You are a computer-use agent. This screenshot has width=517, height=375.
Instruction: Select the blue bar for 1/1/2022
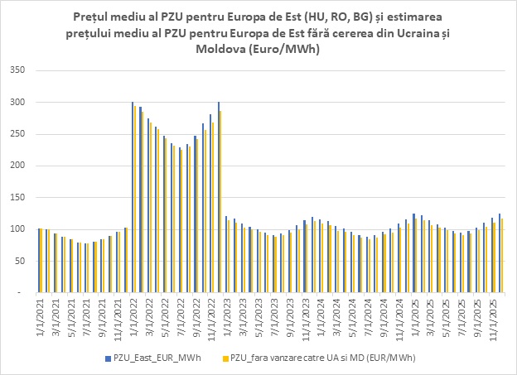click(133, 197)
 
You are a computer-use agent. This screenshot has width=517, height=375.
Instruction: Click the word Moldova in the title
click(219, 50)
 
